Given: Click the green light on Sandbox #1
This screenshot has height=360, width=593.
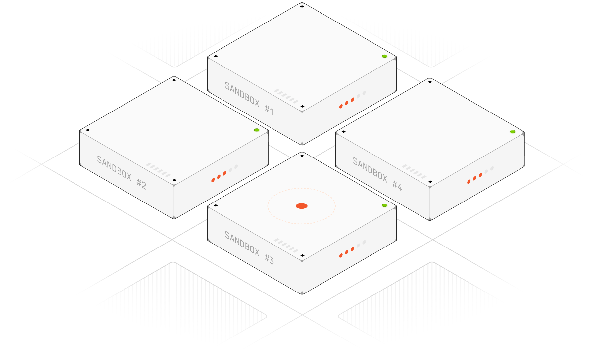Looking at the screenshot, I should coord(384,56).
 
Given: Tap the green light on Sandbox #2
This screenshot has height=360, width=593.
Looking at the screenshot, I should coord(257,130).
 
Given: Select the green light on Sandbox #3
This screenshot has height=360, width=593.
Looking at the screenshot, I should coord(384,205).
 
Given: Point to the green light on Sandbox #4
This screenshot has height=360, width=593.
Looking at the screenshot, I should coord(513,132).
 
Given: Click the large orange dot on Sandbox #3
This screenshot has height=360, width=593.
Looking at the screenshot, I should coord(301,206).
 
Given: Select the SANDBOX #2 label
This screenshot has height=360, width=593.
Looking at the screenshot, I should coord(121,172).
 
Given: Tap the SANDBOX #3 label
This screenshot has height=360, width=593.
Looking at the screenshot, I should coord(249,248).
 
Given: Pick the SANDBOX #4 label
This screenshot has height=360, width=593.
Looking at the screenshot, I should coord(377,174).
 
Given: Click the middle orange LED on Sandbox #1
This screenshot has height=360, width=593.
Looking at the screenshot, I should coord(347,103).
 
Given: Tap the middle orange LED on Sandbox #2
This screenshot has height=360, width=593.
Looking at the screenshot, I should coord(219,177).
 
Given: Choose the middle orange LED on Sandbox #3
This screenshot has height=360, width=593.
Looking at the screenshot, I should coord(347,252).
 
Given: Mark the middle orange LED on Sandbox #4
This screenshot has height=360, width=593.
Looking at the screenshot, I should coord(474,178).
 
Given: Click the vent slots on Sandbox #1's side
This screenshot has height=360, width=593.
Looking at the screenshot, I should coord(286,96).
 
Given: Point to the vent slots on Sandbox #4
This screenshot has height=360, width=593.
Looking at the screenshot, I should coord(414,171).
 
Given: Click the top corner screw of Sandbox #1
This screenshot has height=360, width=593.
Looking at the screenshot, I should coord(302,6).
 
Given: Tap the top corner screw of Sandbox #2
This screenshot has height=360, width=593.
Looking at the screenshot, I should coord(174,80).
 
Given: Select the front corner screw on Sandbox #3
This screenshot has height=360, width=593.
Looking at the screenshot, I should coord(302,256).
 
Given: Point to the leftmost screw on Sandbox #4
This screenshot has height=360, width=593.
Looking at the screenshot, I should coord(344,132).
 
